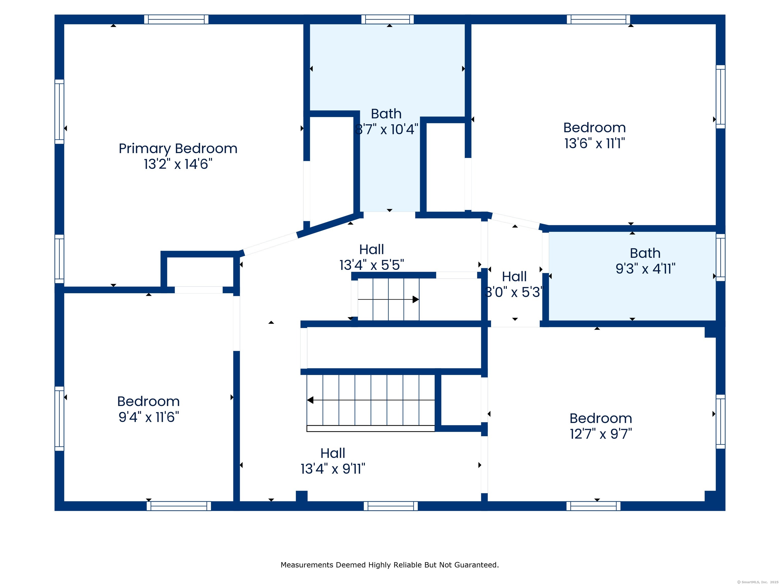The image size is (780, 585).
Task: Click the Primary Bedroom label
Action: pos(178,149)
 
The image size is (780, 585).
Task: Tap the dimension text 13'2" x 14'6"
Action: pos(178,164)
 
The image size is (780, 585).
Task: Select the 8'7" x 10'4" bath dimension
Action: pos(386,129)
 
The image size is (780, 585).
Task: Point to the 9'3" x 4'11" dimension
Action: pos(645,269)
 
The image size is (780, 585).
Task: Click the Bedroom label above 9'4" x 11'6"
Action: pos(149,401)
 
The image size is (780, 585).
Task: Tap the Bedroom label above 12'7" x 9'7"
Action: pos(601,418)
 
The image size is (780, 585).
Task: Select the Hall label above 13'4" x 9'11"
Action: pos(333,453)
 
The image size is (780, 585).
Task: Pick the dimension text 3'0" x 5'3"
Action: pos(514,292)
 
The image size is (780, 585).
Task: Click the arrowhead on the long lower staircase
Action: pos(310,400)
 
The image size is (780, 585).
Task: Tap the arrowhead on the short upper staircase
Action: pos(416,299)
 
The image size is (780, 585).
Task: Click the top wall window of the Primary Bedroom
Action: pos(176,19)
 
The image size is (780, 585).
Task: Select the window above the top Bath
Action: pos(387,19)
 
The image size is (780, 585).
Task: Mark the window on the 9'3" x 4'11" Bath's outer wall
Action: pos(720,257)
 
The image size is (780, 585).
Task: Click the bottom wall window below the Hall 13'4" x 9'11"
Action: pos(391,506)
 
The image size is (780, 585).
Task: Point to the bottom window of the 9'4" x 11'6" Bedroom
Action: pos(179,506)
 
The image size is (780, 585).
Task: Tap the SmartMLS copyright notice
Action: pos(757,582)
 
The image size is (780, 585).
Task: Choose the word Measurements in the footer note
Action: pos(307,565)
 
